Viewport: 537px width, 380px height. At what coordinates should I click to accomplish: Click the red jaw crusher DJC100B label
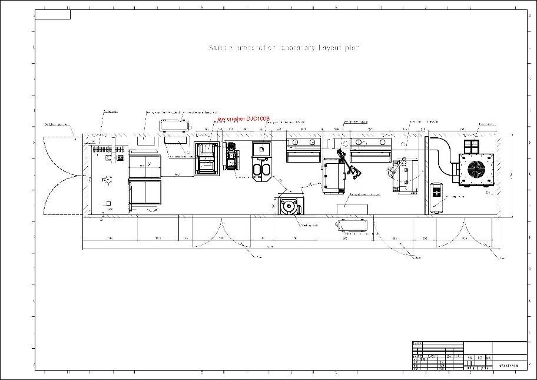(x=243, y=119)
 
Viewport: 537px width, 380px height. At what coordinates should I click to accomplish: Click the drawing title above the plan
(x=283, y=48)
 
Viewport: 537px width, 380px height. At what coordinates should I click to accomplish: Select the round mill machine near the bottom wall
(x=289, y=207)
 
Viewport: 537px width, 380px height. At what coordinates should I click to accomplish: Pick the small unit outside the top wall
(x=174, y=124)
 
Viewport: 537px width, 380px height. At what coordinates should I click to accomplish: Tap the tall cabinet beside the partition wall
(x=436, y=195)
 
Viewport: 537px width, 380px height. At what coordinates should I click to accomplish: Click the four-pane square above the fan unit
(x=472, y=146)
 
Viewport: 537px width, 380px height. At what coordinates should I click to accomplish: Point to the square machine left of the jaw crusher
(x=207, y=158)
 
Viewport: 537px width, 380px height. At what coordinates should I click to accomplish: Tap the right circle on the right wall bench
(x=383, y=143)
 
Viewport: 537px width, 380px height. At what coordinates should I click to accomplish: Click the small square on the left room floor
(x=109, y=204)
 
